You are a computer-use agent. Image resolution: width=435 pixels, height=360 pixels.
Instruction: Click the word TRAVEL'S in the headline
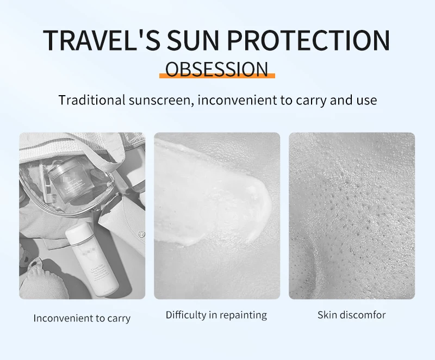pyautogui.click(x=102, y=40)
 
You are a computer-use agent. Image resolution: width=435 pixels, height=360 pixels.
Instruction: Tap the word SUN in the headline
pyautogui.click(x=193, y=40)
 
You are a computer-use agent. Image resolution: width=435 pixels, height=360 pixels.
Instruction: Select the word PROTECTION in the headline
pyautogui.click(x=308, y=40)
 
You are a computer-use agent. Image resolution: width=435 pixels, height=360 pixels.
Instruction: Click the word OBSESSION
pyautogui.click(x=217, y=69)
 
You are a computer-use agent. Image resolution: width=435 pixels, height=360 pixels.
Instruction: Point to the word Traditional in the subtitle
pyautogui.click(x=92, y=100)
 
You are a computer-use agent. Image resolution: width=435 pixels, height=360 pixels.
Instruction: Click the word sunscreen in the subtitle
pyautogui.click(x=161, y=101)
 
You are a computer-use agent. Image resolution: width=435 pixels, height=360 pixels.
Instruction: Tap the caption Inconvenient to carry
pyautogui.click(x=82, y=318)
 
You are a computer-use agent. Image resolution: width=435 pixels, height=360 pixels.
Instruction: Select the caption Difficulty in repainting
pyautogui.click(x=216, y=315)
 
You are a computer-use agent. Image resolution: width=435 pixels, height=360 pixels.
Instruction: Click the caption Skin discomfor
pyautogui.click(x=351, y=315)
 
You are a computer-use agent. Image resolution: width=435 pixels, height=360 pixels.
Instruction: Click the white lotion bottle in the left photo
pyautogui.click(x=92, y=260)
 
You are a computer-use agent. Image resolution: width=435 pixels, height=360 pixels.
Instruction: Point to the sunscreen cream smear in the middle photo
pyautogui.click(x=212, y=194)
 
